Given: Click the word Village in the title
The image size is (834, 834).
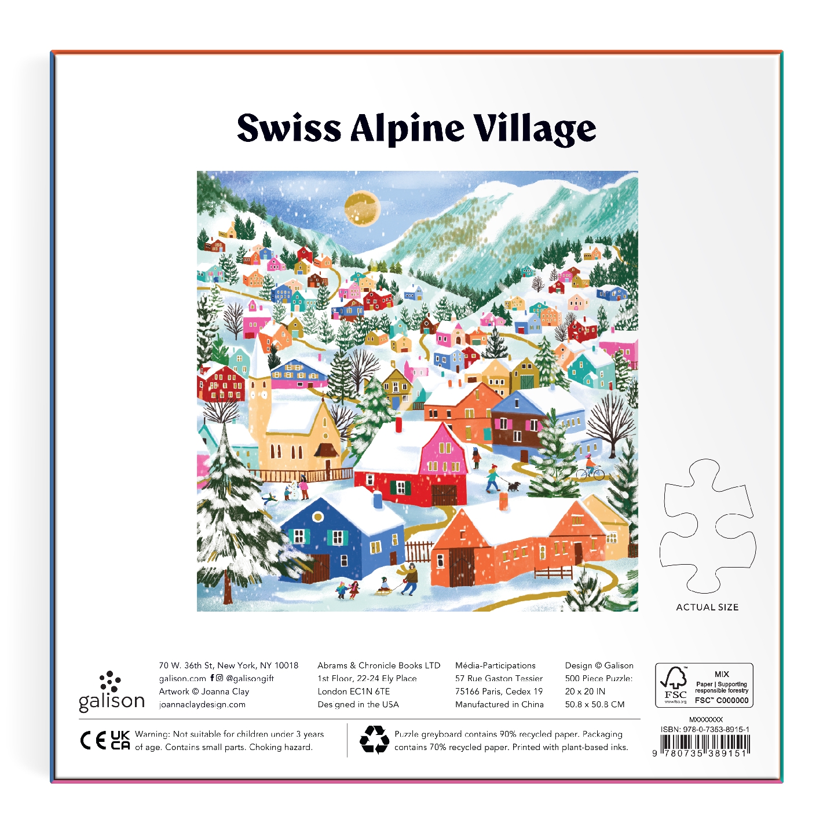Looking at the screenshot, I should (534, 129).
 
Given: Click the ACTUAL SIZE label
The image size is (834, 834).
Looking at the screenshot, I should (707, 607).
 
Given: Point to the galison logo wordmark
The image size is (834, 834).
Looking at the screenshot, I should (111, 701).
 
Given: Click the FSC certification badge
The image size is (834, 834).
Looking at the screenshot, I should (704, 685).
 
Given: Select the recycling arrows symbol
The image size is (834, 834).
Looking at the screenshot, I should (374, 740).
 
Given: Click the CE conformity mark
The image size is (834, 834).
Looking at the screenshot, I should (93, 741).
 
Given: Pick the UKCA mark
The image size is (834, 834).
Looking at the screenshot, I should (120, 740).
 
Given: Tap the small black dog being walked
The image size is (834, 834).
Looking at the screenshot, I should (514, 485).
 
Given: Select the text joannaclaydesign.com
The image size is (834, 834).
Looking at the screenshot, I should (202, 705).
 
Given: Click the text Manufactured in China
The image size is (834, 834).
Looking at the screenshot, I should (499, 705).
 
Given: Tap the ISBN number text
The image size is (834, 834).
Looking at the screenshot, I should (705, 730).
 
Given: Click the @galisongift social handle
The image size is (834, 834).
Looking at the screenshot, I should (250, 678).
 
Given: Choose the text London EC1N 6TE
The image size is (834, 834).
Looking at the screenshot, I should (353, 692).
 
